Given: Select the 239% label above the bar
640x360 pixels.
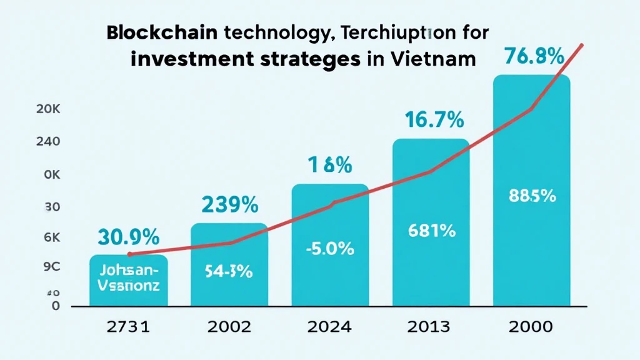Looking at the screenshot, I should coord(229,204).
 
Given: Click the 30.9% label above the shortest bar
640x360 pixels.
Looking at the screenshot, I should coord(128,237).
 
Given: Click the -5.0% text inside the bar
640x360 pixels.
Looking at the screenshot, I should coord(330,249).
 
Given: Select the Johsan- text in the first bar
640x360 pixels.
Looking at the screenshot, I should coord(129,271).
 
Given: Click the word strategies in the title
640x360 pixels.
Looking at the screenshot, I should coord(304,60).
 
